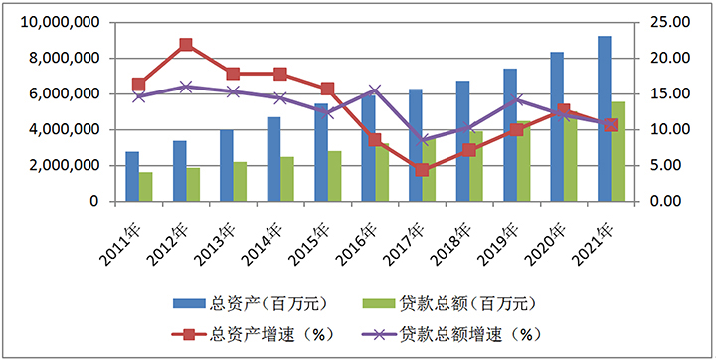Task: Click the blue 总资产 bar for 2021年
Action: (604, 118)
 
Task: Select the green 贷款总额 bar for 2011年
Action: (146, 187)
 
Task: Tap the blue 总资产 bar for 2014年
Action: (273, 159)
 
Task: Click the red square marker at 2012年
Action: (186, 45)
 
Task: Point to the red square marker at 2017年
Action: (422, 170)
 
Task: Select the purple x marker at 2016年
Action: (375, 90)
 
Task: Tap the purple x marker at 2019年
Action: (516, 99)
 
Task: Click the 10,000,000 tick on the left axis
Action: (62, 23)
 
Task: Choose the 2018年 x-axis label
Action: (457, 244)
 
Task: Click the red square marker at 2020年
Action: (563, 111)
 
